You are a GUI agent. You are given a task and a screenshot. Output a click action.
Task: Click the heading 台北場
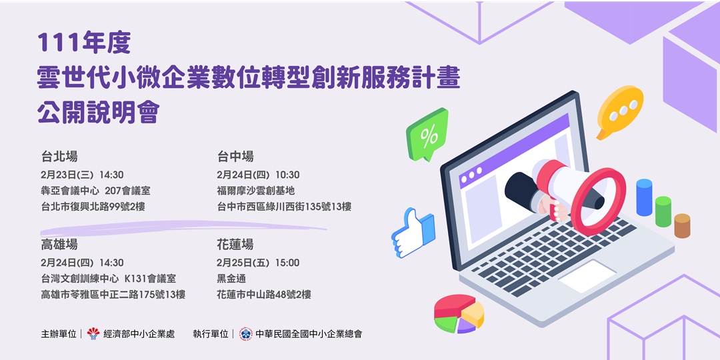click(59, 157)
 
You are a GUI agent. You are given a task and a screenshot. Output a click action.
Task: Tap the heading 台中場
click(235, 157)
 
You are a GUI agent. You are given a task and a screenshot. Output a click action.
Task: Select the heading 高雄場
click(59, 245)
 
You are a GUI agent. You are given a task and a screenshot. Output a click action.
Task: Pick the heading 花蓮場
click(235, 245)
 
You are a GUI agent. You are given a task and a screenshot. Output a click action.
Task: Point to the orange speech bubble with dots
click(619, 110)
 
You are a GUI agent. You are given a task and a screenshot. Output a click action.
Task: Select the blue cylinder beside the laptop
click(644, 197)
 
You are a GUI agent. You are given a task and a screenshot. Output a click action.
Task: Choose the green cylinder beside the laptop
click(663, 211)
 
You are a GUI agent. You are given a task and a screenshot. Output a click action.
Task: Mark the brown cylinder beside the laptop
click(682, 226)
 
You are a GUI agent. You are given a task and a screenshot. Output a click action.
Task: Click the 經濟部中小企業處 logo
click(93, 333)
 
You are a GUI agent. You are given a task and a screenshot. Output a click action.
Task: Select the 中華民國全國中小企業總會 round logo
click(246, 333)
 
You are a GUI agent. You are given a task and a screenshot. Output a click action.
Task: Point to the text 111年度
click(83, 43)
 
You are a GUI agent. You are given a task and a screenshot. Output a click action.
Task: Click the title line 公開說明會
click(99, 113)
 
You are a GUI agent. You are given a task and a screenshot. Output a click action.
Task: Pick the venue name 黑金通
click(231, 279)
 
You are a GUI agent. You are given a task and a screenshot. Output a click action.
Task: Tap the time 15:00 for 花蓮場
click(285, 263)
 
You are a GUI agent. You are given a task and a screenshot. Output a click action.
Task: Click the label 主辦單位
click(59, 334)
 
